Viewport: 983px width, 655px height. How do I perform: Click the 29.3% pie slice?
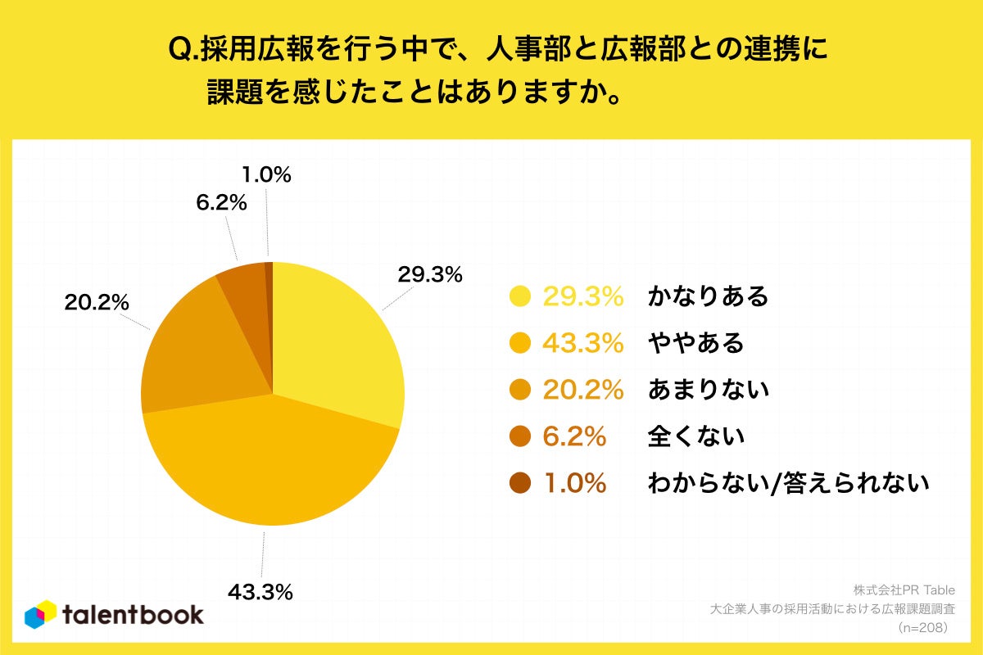coord(336,344)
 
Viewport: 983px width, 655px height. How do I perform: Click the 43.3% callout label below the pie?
coord(260,591)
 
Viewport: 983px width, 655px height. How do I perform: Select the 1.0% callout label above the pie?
coord(267,174)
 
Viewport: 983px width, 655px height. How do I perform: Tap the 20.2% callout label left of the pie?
coord(97,302)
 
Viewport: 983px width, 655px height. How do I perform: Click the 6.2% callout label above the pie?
coord(221,202)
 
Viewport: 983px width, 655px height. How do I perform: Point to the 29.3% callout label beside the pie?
coord(429,275)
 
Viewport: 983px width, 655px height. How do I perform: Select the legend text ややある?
coord(695,343)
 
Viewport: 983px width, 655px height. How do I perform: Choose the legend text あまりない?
coord(708,390)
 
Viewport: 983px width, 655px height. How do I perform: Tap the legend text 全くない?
coord(695,436)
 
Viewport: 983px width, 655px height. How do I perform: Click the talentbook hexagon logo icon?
coord(41,614)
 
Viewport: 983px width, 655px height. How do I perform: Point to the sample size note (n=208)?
coord(922,628)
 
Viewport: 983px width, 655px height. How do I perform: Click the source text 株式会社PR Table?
coord(904,589)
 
